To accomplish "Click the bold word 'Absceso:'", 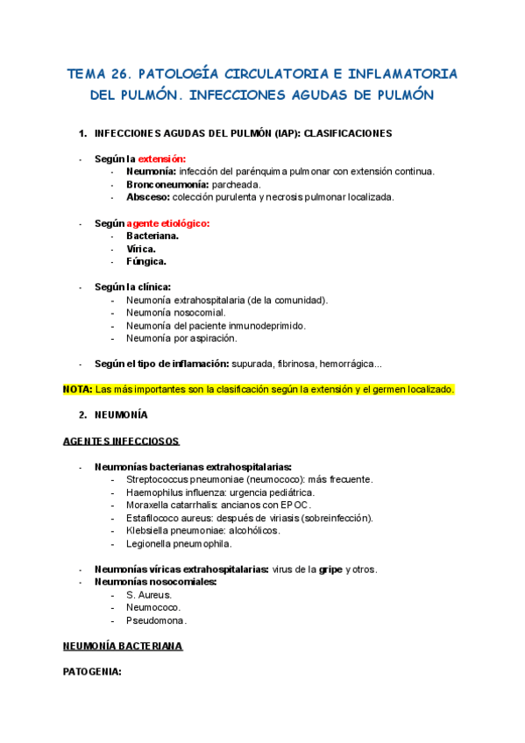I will coord(147,196).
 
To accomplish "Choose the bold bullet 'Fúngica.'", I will coord(146,261).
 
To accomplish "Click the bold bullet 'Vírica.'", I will coord(141,249).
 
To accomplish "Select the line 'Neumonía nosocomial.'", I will coord(175,313).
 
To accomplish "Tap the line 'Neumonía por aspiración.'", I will coord(181,338).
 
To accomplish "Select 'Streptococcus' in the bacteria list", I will coord(159,479).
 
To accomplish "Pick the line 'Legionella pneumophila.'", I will coord(179,543).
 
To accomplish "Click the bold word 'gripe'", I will coord(330,569).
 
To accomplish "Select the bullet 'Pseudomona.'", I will coord(157,620).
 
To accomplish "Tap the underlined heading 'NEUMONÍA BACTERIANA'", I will coord(123,647).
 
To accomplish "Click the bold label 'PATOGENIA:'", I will coord(92,673).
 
